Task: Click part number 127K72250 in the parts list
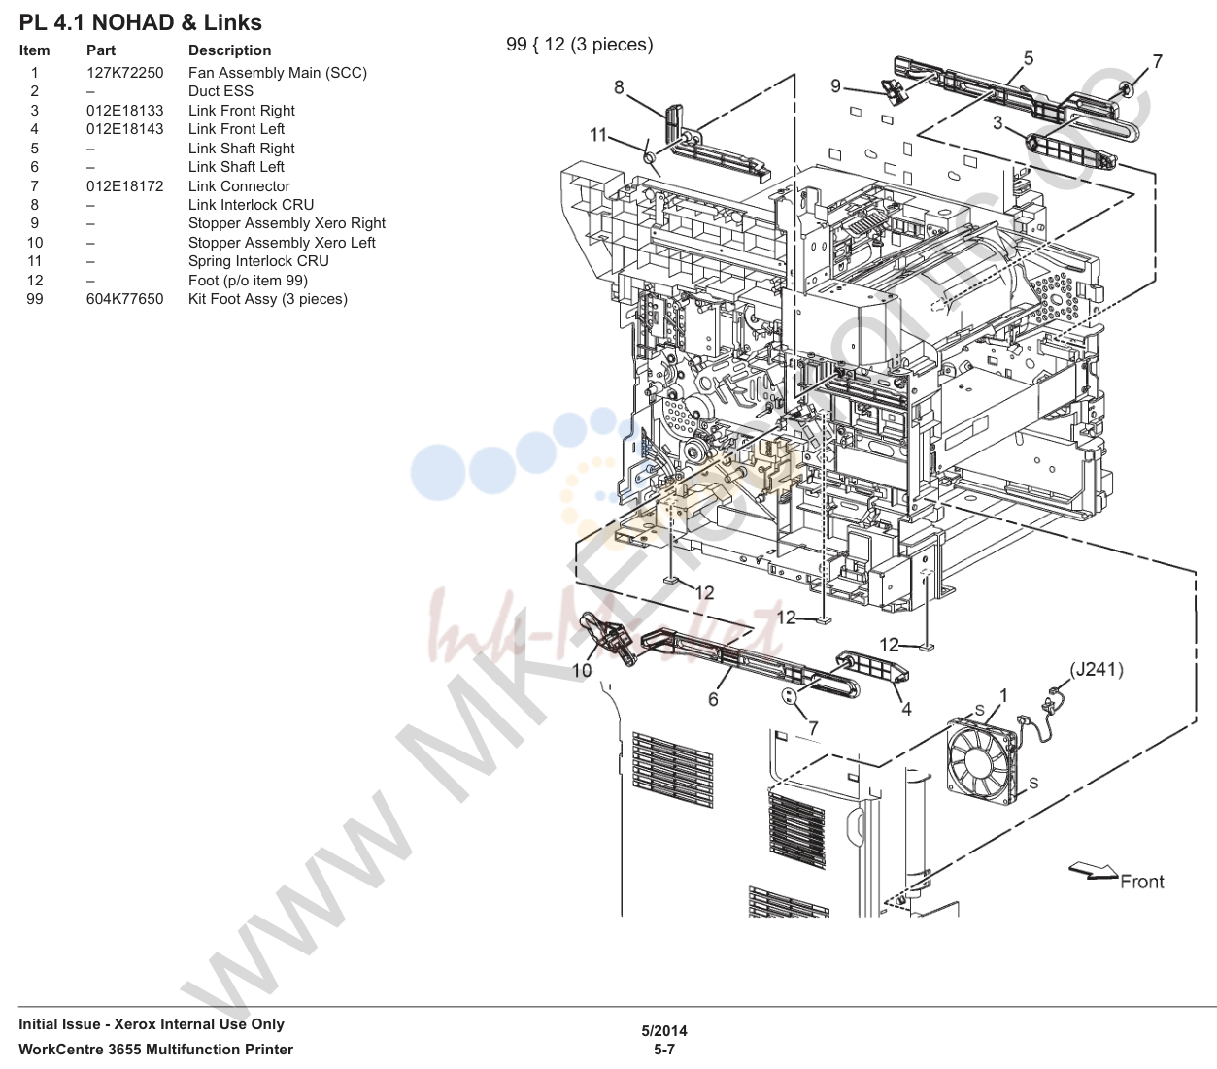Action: click(x=125, y=73)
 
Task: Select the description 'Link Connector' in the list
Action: click(x=239, y=186)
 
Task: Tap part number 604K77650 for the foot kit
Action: click(x=125, y=299)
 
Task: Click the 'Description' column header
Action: click(x=230, y=50)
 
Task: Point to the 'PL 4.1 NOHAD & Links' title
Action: click(x=141, y=23)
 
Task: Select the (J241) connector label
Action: click(x=1097, y=669)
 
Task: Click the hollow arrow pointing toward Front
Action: click(x=1093, y=872)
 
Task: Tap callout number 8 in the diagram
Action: click(x=619, y=87)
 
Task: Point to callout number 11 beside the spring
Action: click(x=597, y=135)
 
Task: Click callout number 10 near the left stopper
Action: click(x=582, y=670)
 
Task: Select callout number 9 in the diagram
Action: click(x=835, y=85)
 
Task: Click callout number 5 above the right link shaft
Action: click(x=1029, y=58)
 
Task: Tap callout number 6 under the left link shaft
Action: click(x=713, y=699)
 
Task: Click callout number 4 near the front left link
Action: click(x=906, y=709)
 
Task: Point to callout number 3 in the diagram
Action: click(x=997, y=123)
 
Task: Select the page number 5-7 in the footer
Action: click(x=664, y=1050)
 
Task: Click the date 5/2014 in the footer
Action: click(x=664, y=1030)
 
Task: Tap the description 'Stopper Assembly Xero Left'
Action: click(x=282, y=243)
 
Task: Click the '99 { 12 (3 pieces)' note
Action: click(x=580, y=45)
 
